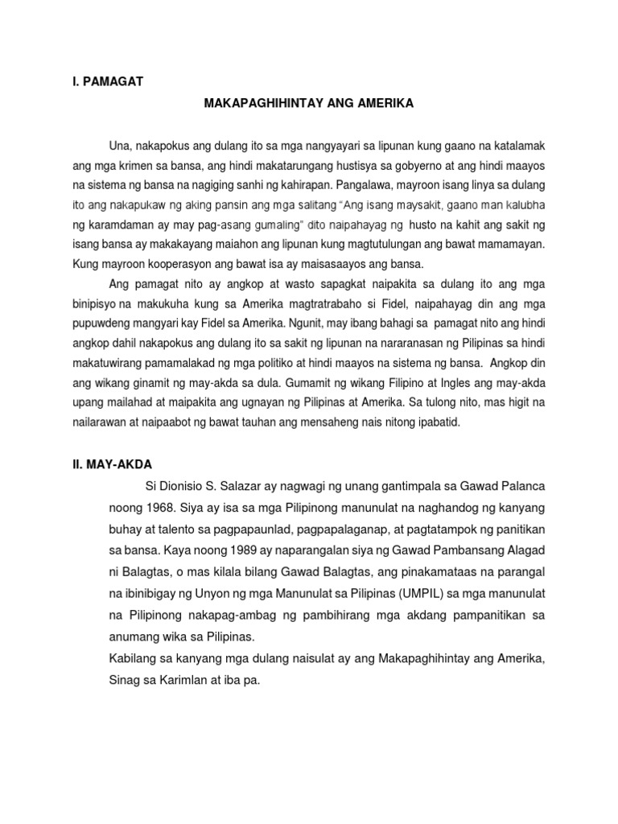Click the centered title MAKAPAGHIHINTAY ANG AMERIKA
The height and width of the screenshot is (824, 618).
pyautogui.click(x=309, y=104)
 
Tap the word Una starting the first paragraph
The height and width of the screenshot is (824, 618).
pyautogui.click(x=119, y=146)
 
